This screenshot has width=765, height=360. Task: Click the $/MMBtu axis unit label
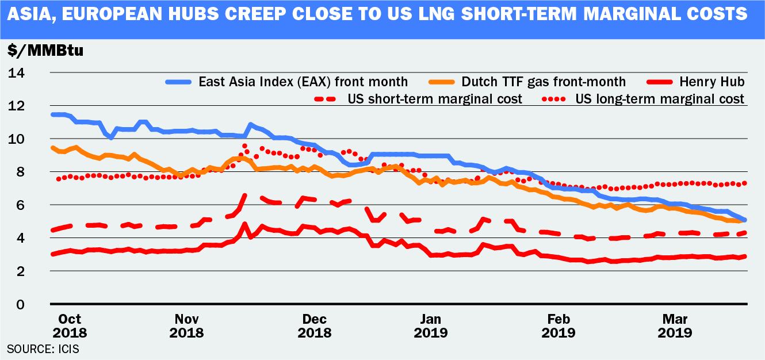45,50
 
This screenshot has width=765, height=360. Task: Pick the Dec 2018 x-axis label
315,325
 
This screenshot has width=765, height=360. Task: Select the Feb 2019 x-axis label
557,325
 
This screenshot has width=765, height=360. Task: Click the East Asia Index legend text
303,82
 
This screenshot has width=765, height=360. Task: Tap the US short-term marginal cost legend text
435,99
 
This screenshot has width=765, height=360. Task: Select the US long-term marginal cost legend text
660,99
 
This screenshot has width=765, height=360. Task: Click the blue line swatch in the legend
179,82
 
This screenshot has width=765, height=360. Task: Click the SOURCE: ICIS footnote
43,348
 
